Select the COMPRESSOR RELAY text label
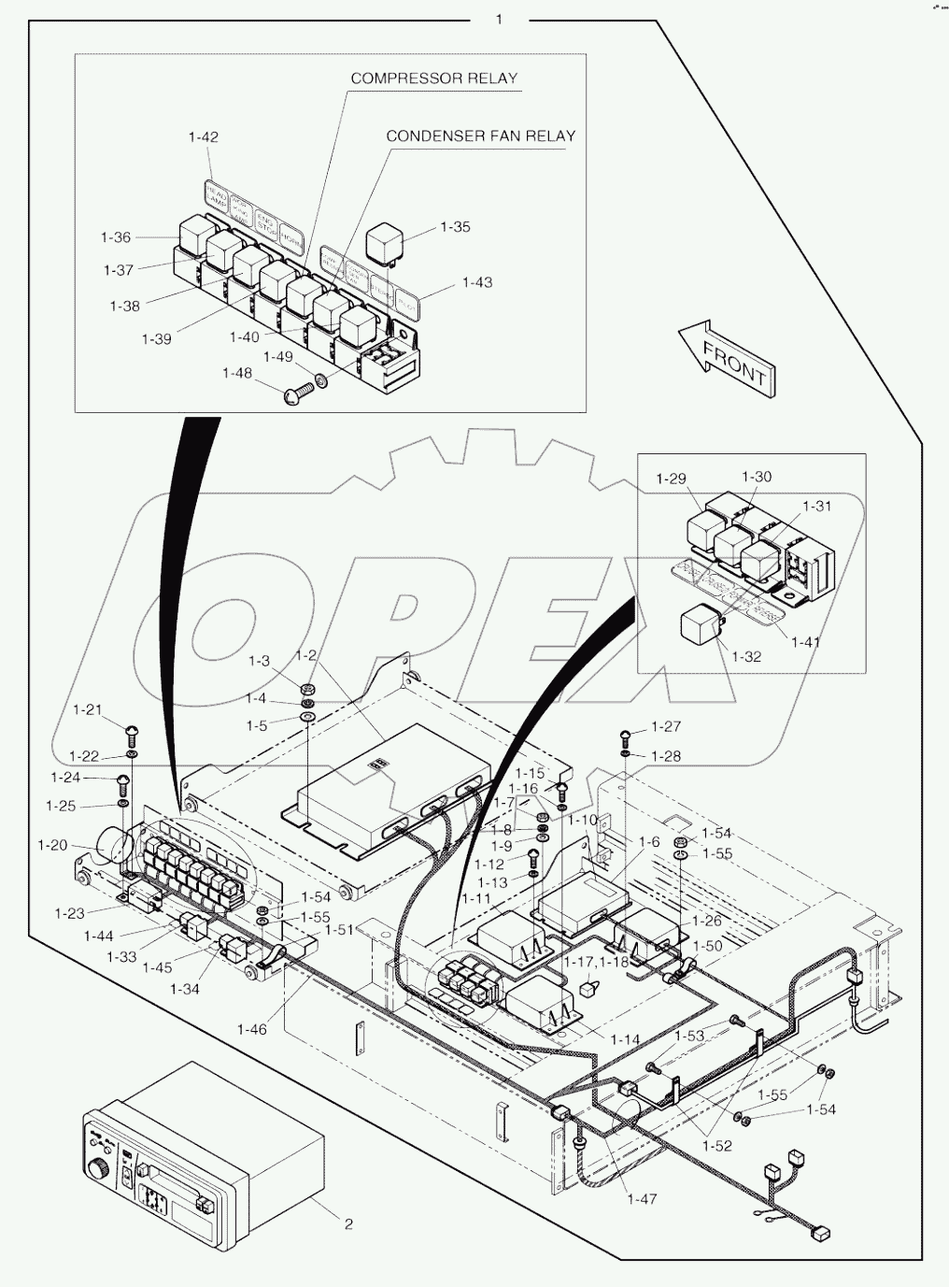[x=433, y=79]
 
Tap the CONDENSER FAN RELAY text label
[x=481, y=136]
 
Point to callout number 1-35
[x=455, y=227]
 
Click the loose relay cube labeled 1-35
[x=386, y=242]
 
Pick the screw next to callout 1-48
[x=297, y=393]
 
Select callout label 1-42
[x=203, y=136]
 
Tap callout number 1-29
[x=671, y=479]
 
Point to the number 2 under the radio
[x=348, y=1224]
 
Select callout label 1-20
[x=52, y=845]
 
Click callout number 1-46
[x=251, y=1029]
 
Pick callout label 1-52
[x=717, y=1145]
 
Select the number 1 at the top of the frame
[x=499, y=19]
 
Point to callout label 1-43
[x=477, y=282]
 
